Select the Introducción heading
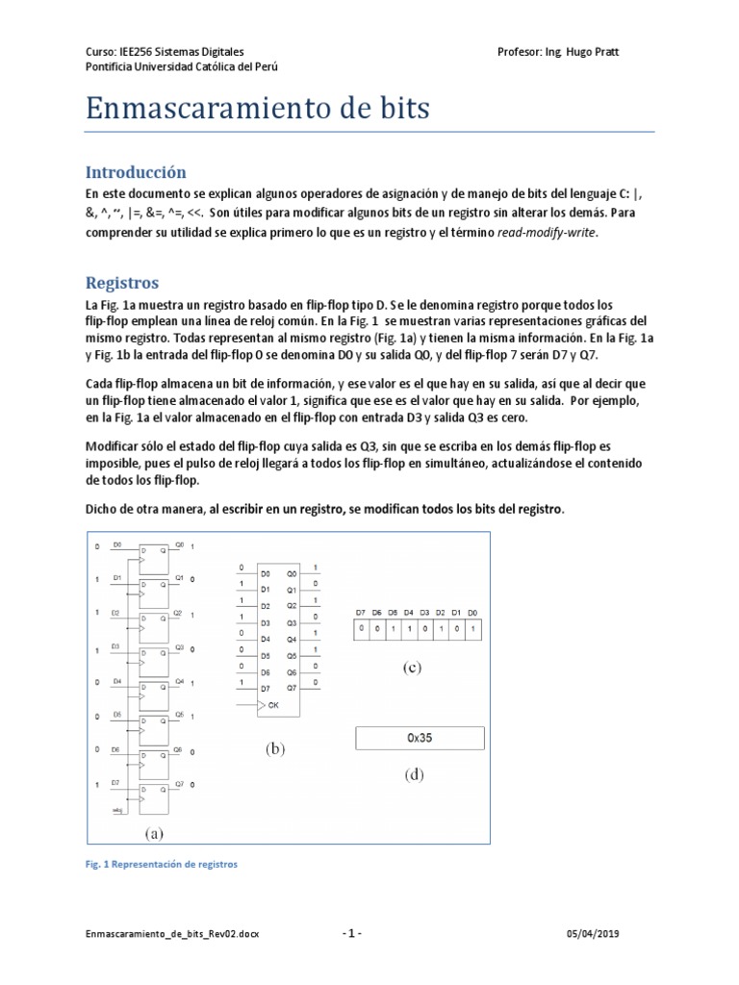point(135,172)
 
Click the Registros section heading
point(121,283)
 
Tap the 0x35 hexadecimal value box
point(420,739)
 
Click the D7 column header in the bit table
point(360,613)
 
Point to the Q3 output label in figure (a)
point(179,647)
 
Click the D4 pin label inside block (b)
point(266,639)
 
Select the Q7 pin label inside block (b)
point(292,688)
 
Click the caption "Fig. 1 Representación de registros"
point(161,864)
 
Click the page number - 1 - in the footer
point(352,934)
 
